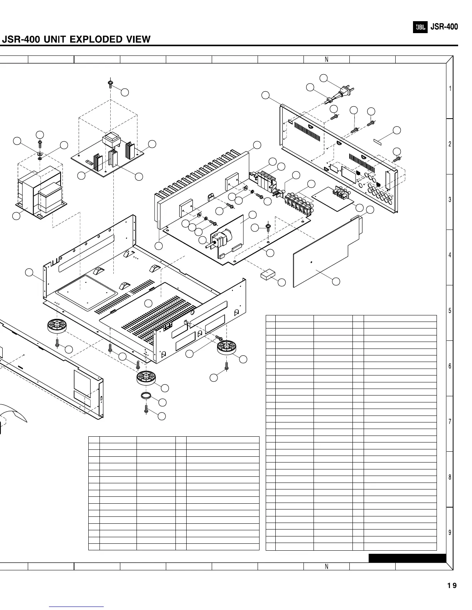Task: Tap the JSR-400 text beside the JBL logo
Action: point(444,27)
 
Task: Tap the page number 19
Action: point(452,586)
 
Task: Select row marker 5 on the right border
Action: point(450,311)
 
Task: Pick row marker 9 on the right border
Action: point(450,533)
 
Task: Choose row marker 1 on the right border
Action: point(450,89)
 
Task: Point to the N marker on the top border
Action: point(326,59)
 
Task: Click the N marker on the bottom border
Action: point(326,566)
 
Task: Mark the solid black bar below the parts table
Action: point(407,558)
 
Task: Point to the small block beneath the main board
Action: point(268,275)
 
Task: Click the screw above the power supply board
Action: point(110,84)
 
